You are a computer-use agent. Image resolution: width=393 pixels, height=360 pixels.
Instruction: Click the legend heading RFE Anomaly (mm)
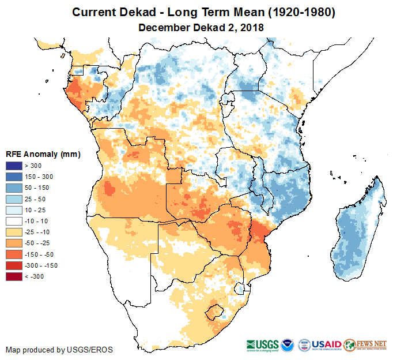43,155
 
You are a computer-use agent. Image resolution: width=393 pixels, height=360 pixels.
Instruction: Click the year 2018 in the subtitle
250,27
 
